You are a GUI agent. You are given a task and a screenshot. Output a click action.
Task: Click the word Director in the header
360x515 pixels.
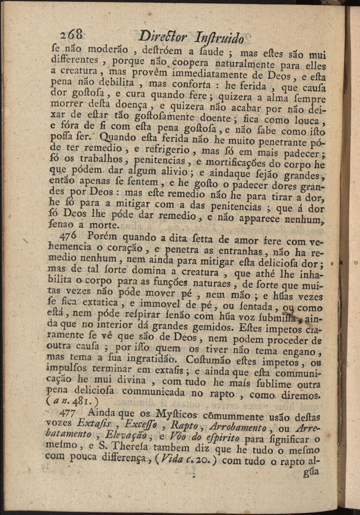click(x=161, y=37)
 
